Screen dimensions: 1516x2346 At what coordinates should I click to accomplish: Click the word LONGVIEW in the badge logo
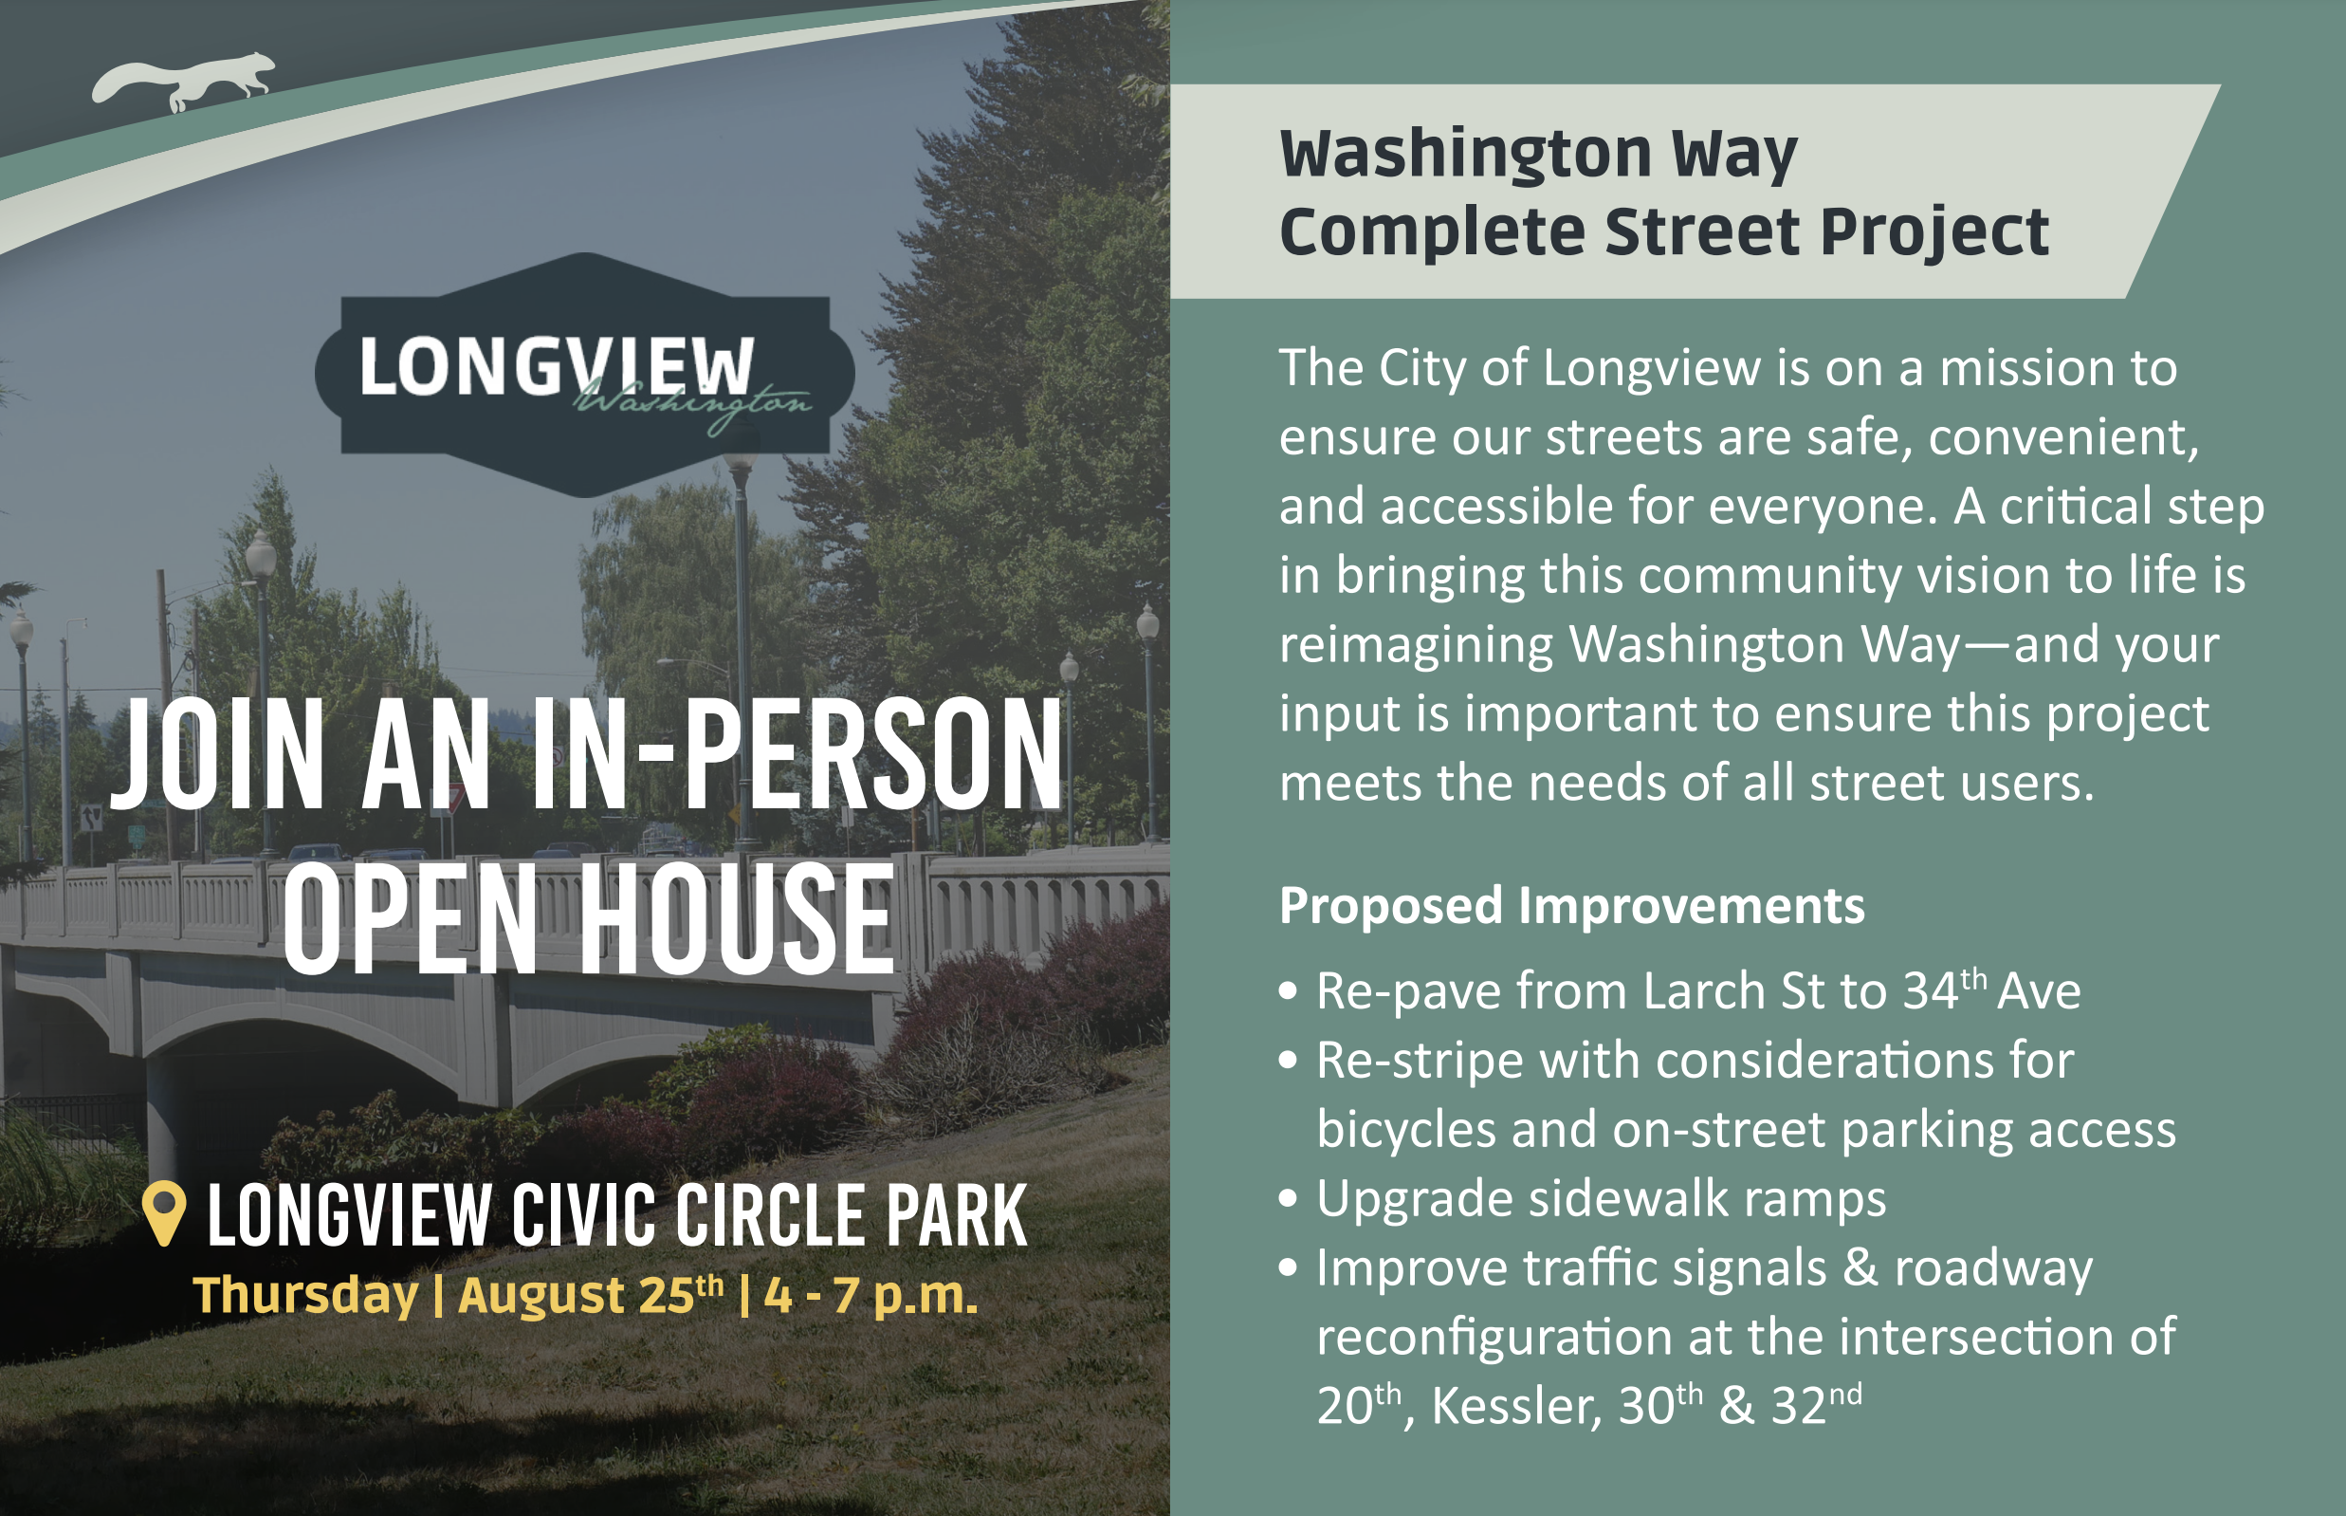[x=556, y=367]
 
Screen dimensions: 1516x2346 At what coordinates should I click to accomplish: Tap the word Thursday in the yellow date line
[x=306, y=1296]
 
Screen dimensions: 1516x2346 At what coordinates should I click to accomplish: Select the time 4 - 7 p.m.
[x=871, y=1296]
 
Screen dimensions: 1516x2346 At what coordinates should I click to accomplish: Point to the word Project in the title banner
[x=1934, y=232]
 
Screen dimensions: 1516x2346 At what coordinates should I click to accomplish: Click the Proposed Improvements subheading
[x=1571, y=905]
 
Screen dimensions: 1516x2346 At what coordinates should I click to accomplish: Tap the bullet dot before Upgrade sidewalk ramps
[x=1288, y=1198]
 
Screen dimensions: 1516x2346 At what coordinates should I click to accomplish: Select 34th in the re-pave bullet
[x=1944, y=989]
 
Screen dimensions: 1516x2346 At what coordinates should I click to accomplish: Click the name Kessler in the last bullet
[x=1514, y=1405]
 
